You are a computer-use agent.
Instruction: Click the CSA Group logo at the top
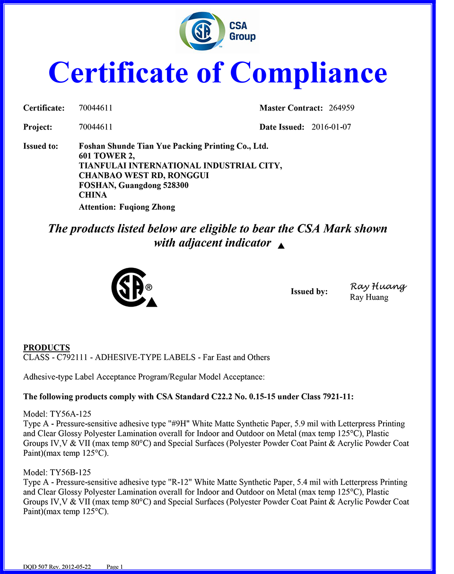(x=218, y=32)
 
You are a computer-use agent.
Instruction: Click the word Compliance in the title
(x=308, y=73)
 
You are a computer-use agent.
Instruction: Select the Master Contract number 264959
(x=341, y=108)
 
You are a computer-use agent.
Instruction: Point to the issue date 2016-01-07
(x=331, y=127)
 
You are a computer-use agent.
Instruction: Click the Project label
(x=37, y=127)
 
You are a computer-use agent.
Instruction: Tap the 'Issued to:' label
(x=41, y=146)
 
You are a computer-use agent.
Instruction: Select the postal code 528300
(x=174, y=185)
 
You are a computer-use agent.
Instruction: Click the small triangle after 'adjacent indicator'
(x=281, y=246)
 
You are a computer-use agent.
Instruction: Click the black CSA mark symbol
(x=131, y=287)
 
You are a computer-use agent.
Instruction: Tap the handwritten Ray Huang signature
(x=378, y=286)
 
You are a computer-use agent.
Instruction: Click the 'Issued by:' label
(x=309, y=291)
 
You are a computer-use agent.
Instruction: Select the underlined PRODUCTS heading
(x=46, y=348)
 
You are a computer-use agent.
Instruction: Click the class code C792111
(x=72, y=357)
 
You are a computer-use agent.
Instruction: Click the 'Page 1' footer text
(x=115, y=566)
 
